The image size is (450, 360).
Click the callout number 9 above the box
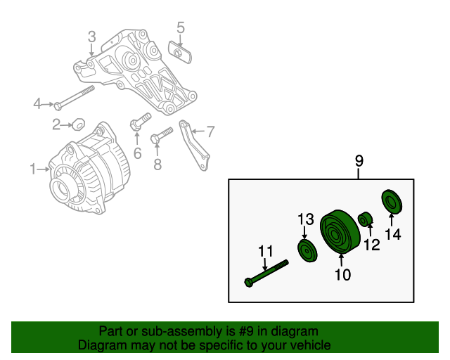[x=359, y=162]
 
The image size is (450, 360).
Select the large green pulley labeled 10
[x=340, y=231]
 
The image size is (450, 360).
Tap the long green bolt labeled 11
[x=268, y=274]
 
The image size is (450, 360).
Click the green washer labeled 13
[x=306, y=250]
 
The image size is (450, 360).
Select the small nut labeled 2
[x=79, y=125]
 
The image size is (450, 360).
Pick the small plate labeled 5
[x=179, y=51]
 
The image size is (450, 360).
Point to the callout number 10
[x=342, y=275]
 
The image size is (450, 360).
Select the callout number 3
[x=91, y=37]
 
